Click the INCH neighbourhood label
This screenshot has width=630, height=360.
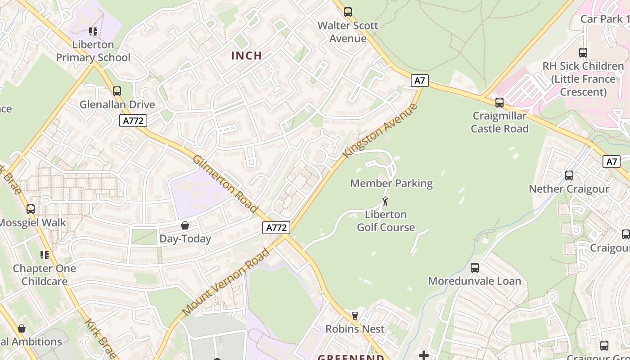pos(246,56)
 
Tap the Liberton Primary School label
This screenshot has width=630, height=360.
pos(93,51)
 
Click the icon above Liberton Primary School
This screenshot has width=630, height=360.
pos(93,31)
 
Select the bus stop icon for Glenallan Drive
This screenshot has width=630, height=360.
pos(117,91)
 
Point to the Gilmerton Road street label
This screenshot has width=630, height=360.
pos(225,184)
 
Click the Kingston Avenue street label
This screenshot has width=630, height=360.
pos(380,130)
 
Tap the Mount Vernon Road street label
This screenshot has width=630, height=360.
pos(226,282)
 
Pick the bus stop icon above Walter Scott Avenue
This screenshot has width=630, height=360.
pos(348,12)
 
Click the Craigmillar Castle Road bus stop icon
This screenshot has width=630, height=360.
pos(499,103)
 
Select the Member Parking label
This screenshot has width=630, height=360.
pos(391,184)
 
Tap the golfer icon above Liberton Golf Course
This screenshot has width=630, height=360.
pos(385,201)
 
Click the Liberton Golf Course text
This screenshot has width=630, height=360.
pos(386,221)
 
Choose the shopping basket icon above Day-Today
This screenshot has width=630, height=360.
pos(185,225)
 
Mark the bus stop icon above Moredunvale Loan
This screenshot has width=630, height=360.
pos(475,268)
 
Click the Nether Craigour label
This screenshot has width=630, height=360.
pos(569,189)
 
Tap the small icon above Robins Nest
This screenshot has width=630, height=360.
pos(355,316)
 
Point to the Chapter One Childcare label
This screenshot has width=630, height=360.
pos(45,275)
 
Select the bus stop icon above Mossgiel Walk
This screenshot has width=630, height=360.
pos(31,209)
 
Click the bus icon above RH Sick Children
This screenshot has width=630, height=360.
pos(583,53)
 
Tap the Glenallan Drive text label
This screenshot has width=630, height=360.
pos(117,105)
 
